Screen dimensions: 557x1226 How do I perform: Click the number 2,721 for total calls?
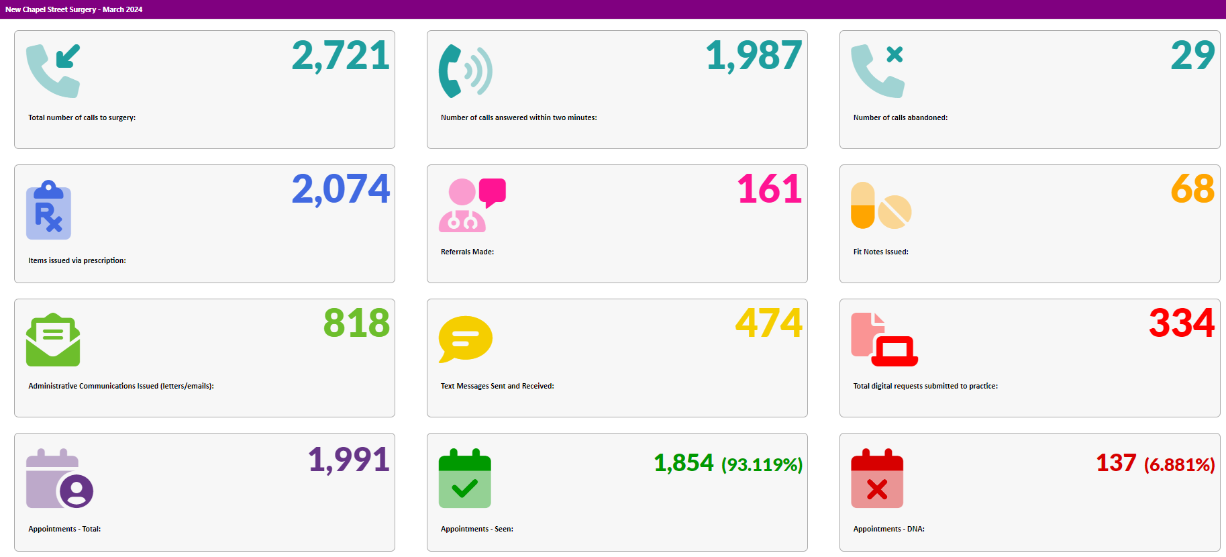point(340,56)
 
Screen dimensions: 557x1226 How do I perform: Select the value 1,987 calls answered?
point(754,56)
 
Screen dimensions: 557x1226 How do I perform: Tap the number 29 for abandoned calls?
point(1192,56)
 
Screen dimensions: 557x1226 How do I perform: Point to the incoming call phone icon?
point(53,70)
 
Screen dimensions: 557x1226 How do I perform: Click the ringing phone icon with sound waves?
point(465,70)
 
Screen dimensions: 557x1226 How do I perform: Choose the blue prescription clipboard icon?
point(48,210)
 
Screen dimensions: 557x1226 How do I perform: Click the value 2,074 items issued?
point(340,189)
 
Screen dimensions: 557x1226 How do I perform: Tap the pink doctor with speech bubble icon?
point(472,205)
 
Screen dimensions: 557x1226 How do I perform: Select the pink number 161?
point(769,189)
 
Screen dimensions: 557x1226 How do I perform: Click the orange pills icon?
point(880,205)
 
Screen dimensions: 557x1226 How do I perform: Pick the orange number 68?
point(1192,189)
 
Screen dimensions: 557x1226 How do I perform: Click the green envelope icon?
point(53,340)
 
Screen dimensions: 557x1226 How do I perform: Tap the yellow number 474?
point(768,323)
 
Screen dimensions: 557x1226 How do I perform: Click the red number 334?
point(1181,323)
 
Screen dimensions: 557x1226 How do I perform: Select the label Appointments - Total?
point(64,529)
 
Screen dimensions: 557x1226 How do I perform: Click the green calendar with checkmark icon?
point(464,478)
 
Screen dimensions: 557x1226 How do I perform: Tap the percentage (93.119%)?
point(762,464)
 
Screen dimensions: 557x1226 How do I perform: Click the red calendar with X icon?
point(877,478)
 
